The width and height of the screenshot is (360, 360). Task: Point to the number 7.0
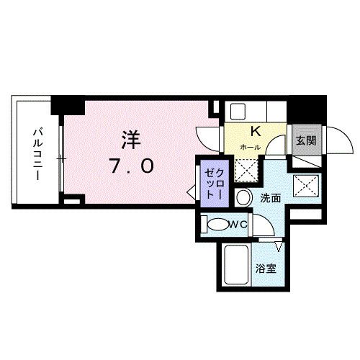(x=131, y=166)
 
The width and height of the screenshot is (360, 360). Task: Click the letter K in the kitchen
(x=254, y=132)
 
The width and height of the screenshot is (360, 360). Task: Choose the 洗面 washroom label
(x=270, y=198)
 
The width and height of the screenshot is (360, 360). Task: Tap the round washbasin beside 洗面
(x=245, y=198)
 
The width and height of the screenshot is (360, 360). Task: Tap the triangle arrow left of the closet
(x=191, y=194)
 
